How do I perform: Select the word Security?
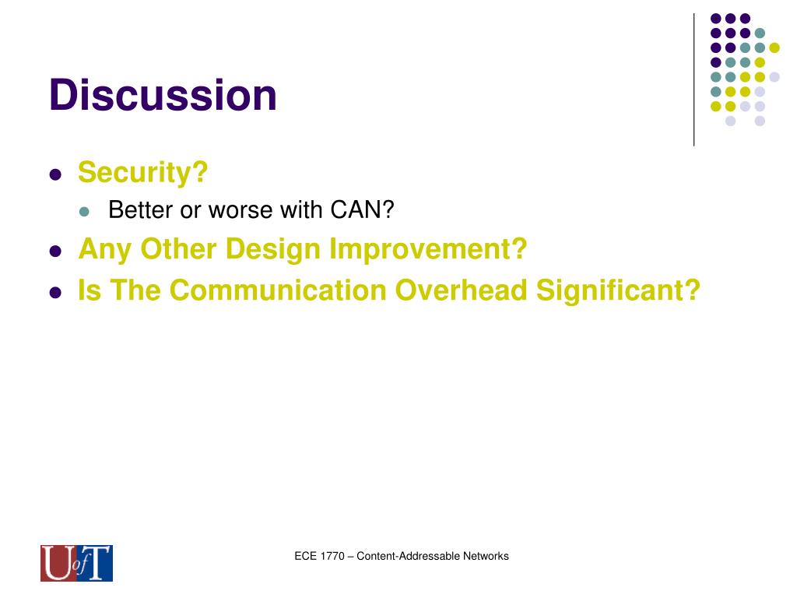coord(143,172)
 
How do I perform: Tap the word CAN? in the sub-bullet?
coord(362,209)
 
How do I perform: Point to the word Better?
coord(140,209)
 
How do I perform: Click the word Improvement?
coord(428,249)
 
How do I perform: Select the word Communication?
coord(278,290)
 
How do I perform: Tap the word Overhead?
coord(462,290)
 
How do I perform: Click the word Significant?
coord(618,291)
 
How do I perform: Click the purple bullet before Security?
coord(55,175)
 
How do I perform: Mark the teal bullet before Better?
coord(84,212)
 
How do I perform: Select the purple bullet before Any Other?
coord(55,252)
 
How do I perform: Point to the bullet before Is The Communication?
coord(55,293)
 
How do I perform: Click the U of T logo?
coord(77,563)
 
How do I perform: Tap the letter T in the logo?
coord(98,563)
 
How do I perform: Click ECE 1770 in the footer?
coord(319,556)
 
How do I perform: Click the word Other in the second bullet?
coord(178,249)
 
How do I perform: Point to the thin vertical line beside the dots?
coord(693,80)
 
